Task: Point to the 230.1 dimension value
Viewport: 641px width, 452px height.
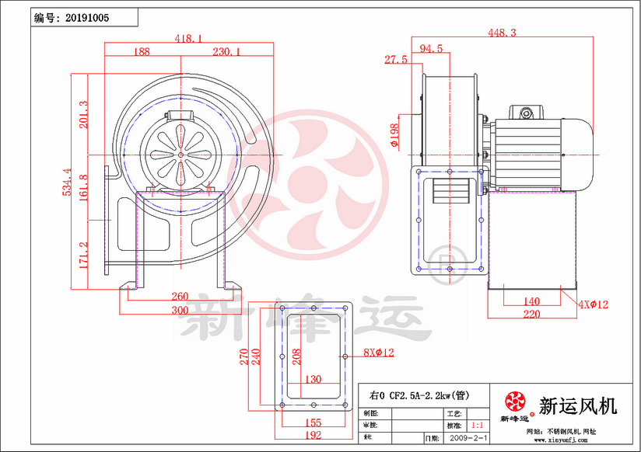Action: [226, 51]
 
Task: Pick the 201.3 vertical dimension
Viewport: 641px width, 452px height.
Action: [83, 114]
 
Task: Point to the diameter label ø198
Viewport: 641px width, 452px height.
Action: [394, 137]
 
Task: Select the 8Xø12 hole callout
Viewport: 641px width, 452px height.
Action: [379, 353]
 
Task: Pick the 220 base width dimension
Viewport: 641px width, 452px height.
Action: [531, 315]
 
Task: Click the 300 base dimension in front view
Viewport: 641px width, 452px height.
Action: [180, 311]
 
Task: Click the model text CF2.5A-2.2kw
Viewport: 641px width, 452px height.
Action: [419, 395]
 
